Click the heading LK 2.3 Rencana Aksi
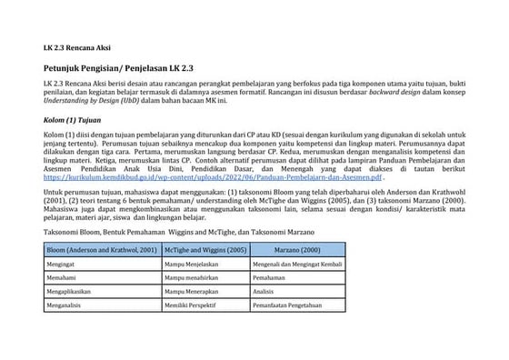pos(76,46)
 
